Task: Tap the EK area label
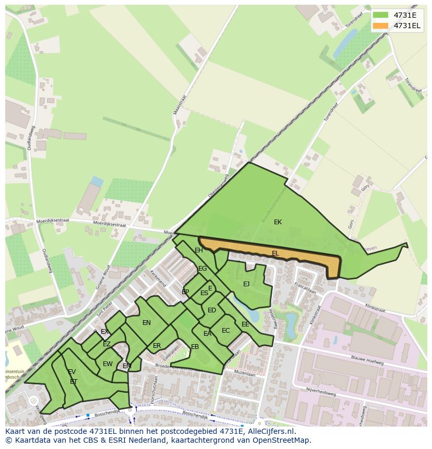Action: [x=278, y=222]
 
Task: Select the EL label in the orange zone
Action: [x=275, y=253]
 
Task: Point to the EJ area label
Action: [x=246, y=284]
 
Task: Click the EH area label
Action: [x=199, y=250]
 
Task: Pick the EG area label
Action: [x=202, y=269]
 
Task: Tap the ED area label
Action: [x=212, y=310]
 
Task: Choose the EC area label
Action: [x=225, y=331]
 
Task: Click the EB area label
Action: [x=195, y=347]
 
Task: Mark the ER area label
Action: [x=157, y=346]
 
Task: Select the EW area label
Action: [x=107, y=364]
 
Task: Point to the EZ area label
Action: [x=106, y=344]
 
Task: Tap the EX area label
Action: [x=105, y=332]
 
